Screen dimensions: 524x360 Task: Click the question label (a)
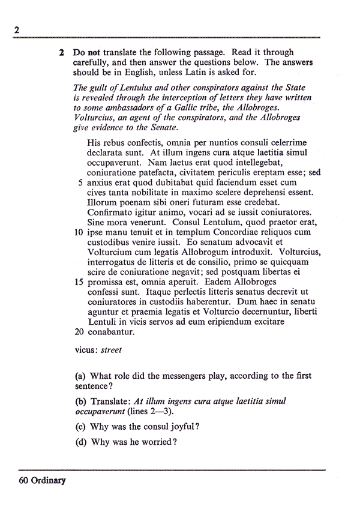(80, 376)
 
